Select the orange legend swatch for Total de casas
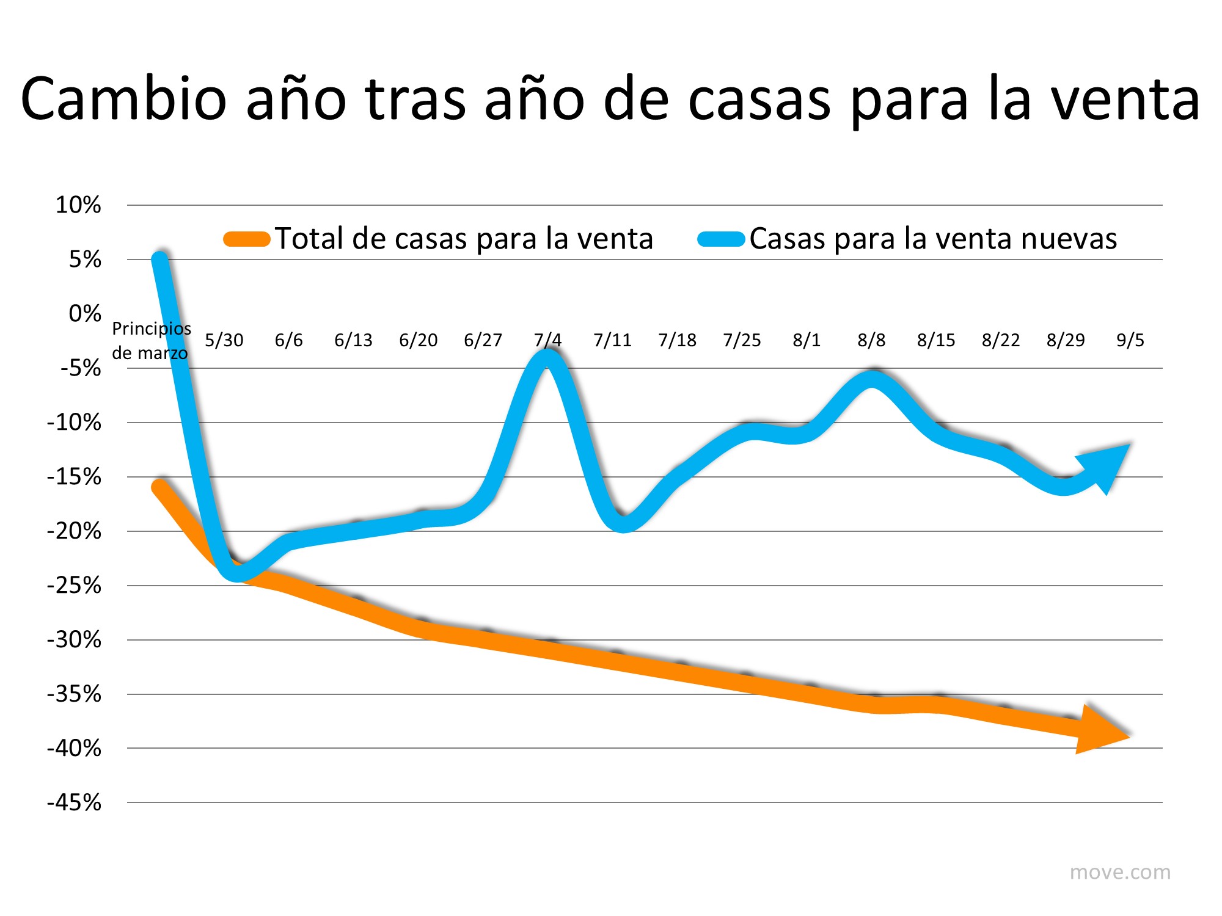tap(247, 239)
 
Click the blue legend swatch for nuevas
tap(721, 239)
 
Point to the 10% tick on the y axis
tap(78, 205)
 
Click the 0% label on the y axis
tap(84, 314)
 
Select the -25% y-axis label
tap(74, 586)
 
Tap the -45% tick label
tap(74, 802)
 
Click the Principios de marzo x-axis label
tap(151, 340)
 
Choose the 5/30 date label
tap(224, 340)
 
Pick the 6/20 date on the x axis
tap(418, 340)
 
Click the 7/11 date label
tap(612, 340)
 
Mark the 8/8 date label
tap(871, 340)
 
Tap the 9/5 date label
tap(1130, 340)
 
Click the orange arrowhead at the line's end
tap(1100, 730)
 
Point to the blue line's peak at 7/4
tap(547, 357)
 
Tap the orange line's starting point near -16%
tap(159, 487)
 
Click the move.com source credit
tap(1120, 872)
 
